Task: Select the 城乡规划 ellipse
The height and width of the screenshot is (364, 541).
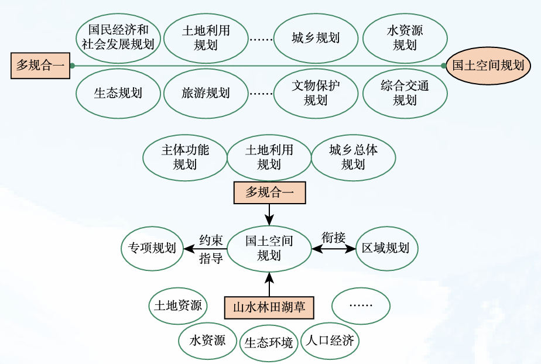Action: tap(316, 38)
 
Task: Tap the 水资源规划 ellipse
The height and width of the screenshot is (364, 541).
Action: tap(405, 37)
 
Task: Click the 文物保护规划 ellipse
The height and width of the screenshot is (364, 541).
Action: tap(316, 93)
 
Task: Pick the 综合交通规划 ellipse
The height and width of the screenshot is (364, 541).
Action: tap(405, 93)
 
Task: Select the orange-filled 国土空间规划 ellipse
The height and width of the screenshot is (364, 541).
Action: tap(488, 66)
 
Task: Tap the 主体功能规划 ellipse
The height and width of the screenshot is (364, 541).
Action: tap(185, 157)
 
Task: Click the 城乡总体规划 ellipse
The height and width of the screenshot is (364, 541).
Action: tap(353, 157)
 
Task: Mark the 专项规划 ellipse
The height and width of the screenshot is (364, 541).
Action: tap(152, 248)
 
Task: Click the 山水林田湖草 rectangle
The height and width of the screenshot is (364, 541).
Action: tap(269, 307)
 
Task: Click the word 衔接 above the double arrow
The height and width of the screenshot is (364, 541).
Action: tap(334, 238)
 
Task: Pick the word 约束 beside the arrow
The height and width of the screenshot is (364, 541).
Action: tap(211, 241)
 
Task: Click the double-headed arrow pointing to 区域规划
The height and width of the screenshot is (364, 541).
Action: tap(334, 249)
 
